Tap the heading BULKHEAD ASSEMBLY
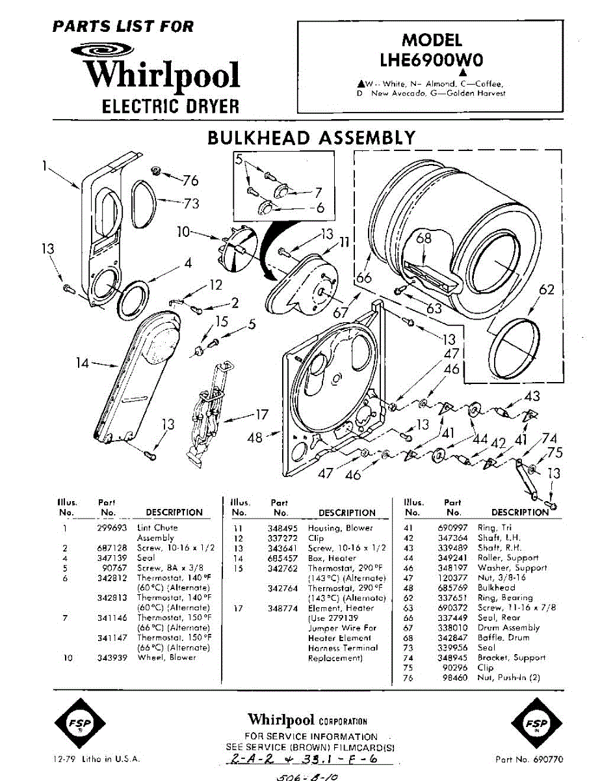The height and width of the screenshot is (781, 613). (x=311, y=137)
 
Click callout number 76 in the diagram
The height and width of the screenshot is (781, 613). (x=190, y=180)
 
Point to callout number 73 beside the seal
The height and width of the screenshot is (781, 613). (x=190, y=204)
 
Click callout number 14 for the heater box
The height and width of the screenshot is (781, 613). (x=82, y=363)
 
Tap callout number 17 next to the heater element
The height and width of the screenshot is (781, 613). (x=261, y=415)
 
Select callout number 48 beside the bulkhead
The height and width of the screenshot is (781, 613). (x=255, y=437)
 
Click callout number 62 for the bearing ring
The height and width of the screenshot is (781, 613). (x=547, y=289)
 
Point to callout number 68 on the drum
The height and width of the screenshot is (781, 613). (x=424, y=239)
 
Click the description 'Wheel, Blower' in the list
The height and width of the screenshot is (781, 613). (x=166, y=657)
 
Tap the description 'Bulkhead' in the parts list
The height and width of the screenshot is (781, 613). (x=496, y=588)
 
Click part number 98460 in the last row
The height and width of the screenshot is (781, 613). (x=454, y=678)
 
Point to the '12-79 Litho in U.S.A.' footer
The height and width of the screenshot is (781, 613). (x=96, y=759)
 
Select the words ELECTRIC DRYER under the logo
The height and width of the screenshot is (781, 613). (x=170, y=106)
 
